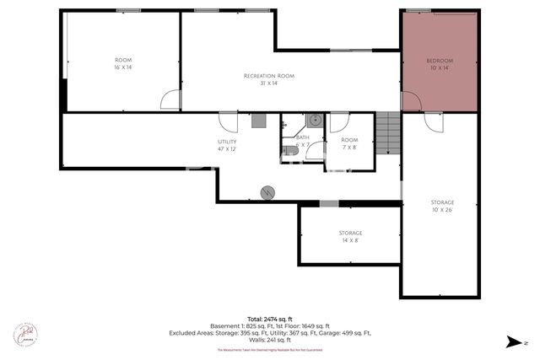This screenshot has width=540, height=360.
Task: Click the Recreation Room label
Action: point(268,79)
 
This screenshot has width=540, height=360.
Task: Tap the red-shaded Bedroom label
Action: point(440,64)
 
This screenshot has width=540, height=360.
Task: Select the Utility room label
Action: point(227,145)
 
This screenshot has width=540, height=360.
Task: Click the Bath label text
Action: point(302,140)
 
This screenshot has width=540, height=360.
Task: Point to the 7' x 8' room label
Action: point(349,143)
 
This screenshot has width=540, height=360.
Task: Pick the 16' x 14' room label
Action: point(123,63)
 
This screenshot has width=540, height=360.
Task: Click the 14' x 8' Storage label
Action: point(350,237)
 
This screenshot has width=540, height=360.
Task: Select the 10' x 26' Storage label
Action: point(442,206)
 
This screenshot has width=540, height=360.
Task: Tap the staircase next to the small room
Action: point(387,132)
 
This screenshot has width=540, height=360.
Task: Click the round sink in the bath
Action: point(315,120)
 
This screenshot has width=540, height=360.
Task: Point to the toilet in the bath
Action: point(289,150)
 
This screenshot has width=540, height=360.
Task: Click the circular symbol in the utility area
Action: point(268,192)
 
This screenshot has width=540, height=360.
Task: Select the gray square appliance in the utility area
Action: point(259,121)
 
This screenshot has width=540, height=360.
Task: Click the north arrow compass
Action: point(514,341)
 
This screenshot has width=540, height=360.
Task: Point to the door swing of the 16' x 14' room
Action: point(170,101)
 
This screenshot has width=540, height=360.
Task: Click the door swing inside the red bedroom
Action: point(411,101)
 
